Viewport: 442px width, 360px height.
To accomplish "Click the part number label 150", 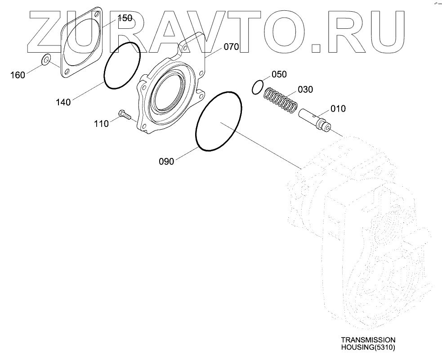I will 125,18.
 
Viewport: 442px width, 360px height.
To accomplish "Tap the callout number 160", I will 18,75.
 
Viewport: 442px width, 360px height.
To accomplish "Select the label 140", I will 63,102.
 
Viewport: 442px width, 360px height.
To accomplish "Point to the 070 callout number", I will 231,47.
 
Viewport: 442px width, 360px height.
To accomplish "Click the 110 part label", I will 101,123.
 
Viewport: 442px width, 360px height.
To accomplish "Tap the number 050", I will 279,74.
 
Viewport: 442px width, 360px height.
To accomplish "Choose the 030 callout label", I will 305,90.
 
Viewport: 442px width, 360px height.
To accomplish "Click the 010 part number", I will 338,108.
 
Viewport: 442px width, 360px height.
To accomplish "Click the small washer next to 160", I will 46,60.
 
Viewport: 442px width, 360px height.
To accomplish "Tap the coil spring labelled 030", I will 280,100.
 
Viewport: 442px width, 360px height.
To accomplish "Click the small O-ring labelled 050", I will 258,87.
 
